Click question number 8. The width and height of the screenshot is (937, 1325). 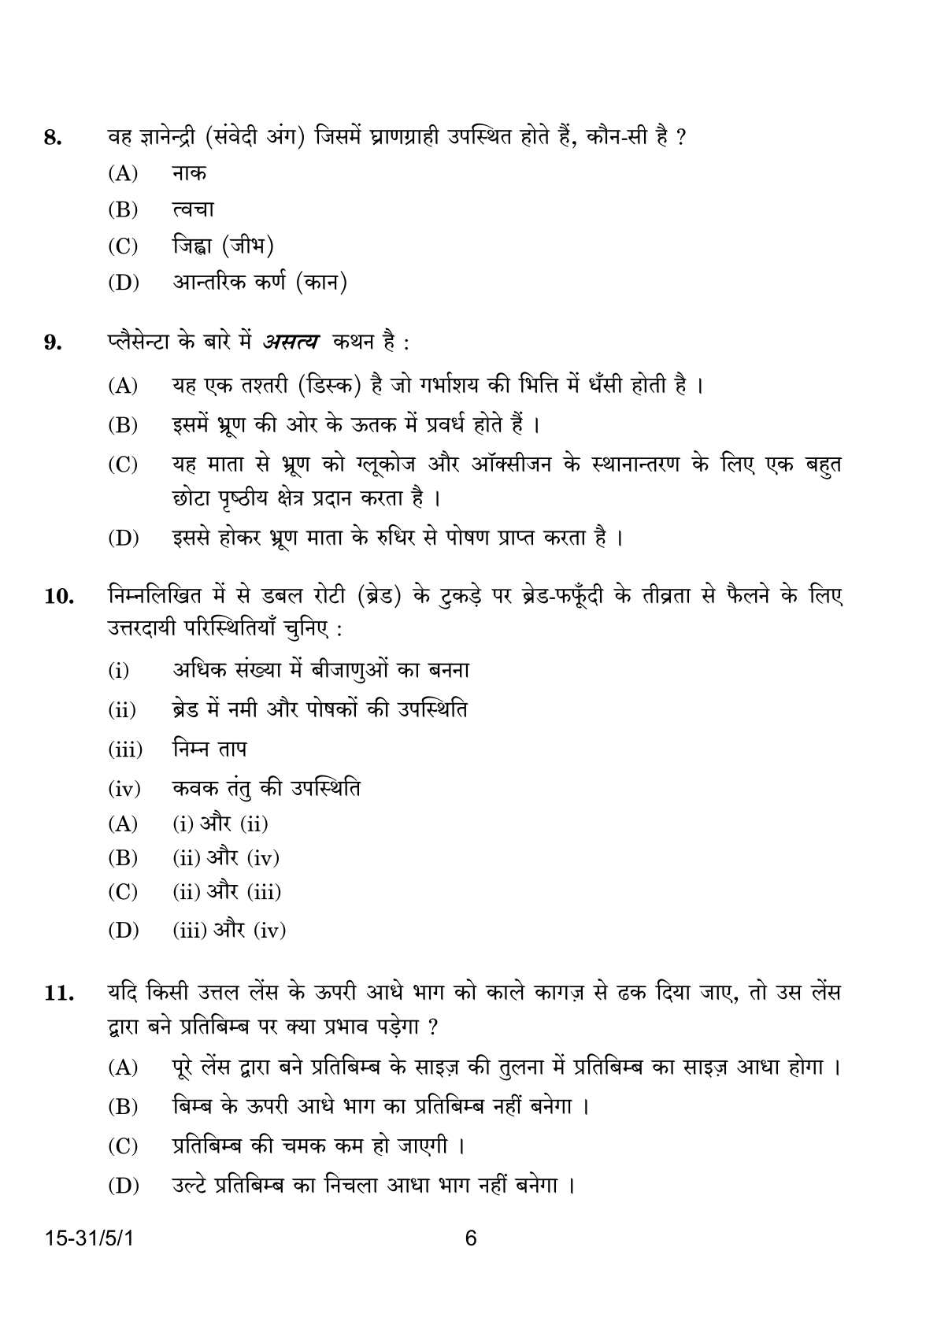52,139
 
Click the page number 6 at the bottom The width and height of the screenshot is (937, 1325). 471,1238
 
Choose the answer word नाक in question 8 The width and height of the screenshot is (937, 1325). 189,173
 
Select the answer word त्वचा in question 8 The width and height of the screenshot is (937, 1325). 193,210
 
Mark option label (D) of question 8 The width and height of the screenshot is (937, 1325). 123,283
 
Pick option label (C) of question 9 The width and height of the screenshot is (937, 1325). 123,465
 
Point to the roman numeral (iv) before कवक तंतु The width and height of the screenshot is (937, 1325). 124,788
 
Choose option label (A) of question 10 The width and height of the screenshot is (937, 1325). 123,824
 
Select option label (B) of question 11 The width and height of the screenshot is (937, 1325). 123,1107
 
